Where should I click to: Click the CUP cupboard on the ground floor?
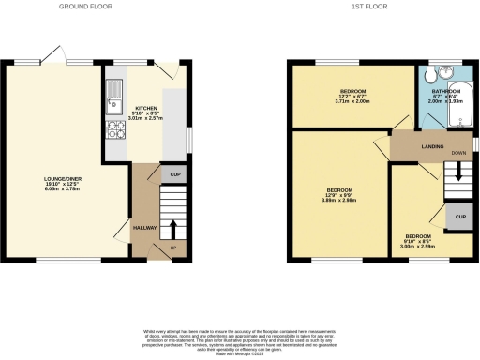(175, 174)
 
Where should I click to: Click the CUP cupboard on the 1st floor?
(460, 217)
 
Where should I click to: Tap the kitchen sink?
(114, 91)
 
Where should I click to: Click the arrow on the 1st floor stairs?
(457, 170)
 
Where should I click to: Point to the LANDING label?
(432, 145)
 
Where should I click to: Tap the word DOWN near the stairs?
(457, 153)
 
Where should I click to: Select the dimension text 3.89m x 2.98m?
(340, 200)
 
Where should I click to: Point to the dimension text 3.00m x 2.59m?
(418, 246)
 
